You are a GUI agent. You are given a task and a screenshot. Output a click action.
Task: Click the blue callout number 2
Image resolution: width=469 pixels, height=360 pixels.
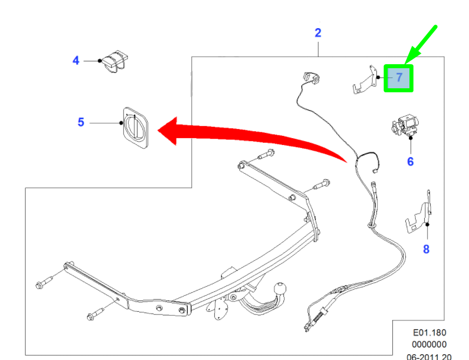(x=318, y=33)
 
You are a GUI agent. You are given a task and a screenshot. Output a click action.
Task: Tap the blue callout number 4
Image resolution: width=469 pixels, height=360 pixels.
(x=76, y=61)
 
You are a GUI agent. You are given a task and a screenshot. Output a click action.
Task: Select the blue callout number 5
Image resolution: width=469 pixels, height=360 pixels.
(x=81, y=122)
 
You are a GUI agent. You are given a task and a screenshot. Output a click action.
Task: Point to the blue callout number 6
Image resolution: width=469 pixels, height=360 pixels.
(x=411, y=162)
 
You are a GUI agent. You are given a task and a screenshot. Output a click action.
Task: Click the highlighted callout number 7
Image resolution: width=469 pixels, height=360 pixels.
(x=399, y=77)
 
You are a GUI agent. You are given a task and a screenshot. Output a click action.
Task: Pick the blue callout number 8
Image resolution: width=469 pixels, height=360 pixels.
(x=426, y=249)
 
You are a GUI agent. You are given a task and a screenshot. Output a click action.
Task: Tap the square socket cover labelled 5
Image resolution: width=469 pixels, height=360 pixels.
(x=136, y=128)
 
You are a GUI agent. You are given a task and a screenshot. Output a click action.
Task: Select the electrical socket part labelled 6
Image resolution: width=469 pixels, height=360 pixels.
(x=405, y=126)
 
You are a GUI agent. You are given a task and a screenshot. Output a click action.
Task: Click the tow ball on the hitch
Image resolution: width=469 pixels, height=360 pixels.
(x=280, y=289)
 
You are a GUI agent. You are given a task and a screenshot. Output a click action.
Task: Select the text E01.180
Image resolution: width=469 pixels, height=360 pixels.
(x=429, y=332)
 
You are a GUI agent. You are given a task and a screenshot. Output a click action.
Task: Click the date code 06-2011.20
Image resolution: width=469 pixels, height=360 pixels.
(x=429, y=357)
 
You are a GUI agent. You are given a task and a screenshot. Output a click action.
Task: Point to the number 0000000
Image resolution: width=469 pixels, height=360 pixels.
(x=429, y=345)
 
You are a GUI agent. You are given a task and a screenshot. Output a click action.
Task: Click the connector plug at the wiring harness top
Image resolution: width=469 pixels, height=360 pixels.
(x=312, y=78)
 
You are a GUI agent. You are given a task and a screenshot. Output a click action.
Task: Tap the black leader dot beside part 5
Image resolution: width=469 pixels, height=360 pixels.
(x=121, y=123)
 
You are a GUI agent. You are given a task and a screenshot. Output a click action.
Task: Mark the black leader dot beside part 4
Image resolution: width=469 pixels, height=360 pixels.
(x=100, y=61)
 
